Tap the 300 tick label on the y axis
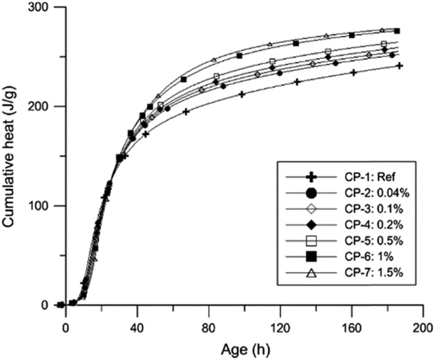[x=41, y=8]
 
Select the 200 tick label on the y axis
[x=41, y=107]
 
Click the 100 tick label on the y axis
[x=41, y=206]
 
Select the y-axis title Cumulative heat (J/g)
[x=10, y=156]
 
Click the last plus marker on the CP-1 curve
[x=400, y=66]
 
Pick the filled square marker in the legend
[x=312, y=257]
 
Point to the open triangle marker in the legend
[x=312, y=273]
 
